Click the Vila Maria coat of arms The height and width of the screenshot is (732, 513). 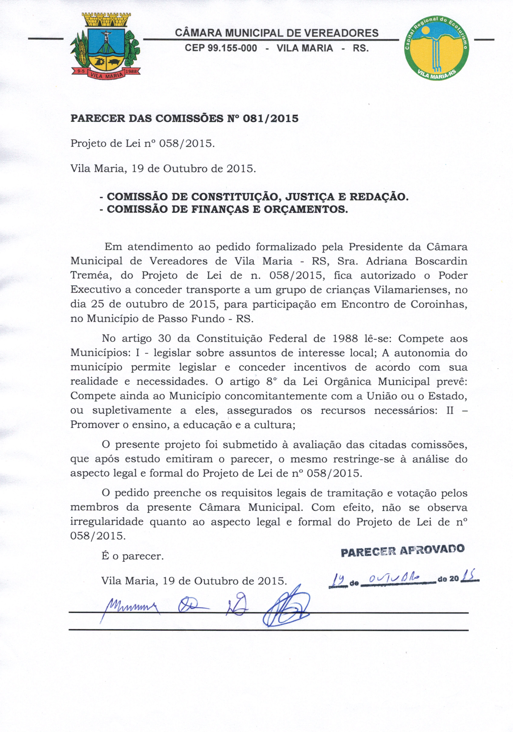coord(105,46)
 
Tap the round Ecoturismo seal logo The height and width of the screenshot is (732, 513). coord(437,48)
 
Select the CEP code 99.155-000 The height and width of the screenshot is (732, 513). coord(221,48)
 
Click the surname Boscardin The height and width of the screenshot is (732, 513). coord(441,261)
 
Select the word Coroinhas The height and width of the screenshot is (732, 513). coord(439,304)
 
